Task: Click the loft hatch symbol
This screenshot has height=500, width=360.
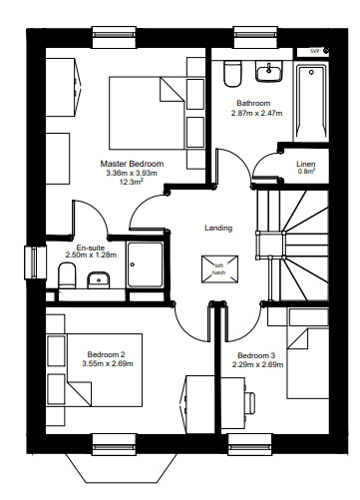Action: [x=219, y=269]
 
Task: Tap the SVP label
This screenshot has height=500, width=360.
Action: [x=314, y=51]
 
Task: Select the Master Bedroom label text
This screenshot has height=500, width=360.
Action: [x=132, y=164]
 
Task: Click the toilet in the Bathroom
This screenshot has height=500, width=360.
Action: [x=233, y=73]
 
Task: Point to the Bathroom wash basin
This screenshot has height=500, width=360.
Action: [x=268, y=71]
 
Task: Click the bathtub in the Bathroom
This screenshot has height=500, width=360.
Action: [x=311, y=102]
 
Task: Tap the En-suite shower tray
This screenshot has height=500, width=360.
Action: [x=146, y=264]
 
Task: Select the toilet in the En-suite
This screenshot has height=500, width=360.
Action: [x=67, y=275]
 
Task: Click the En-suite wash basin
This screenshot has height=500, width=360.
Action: [x=99, y=280]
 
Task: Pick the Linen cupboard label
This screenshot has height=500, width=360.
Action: [x=306, y=164]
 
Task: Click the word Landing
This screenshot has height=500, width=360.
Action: [x=218, y=228]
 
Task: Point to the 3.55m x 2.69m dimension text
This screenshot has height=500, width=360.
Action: [x=108, y=363]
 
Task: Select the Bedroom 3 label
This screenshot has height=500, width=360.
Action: [x=256, y=355]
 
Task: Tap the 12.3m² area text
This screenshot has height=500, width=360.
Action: [x=132, y=182]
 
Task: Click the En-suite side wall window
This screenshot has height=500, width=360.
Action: [x=35, y=262]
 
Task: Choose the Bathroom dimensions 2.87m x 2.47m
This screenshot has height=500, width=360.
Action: [x=256, y=113]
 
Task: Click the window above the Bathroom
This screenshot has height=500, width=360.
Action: [x=255, y=37]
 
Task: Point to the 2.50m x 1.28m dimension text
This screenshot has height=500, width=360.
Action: [x=91, y=255]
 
